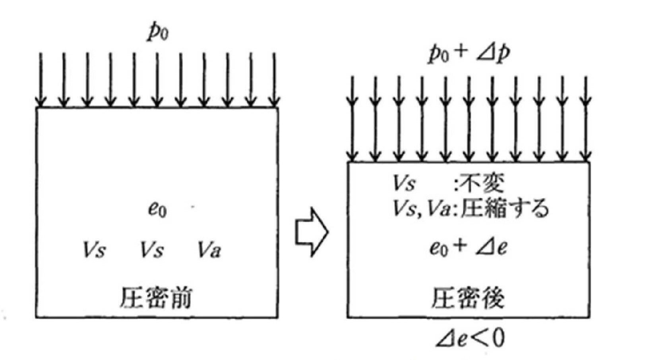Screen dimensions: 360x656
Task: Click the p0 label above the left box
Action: [x=158, y=33]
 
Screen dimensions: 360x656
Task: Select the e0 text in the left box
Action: [x=157, y=209]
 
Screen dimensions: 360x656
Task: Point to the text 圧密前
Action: [x=156, y=298]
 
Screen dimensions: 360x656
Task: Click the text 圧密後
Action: [x=468, y=298]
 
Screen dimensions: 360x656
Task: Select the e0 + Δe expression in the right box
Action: [x=468, y=248]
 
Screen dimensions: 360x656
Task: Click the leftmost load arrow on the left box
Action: [x=40, y=79]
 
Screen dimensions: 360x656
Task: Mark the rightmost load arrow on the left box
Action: [x=274, y=79]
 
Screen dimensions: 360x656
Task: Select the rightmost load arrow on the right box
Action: [x=586, y=119]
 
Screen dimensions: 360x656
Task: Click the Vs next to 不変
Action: [x=404, y=184]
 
